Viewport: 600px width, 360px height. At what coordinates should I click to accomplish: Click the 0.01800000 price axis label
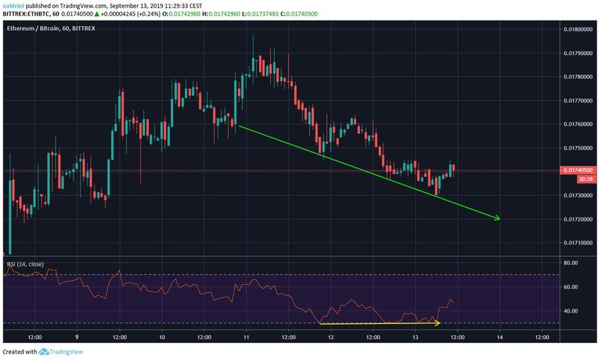578,29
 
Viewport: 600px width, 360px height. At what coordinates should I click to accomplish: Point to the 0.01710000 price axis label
578,244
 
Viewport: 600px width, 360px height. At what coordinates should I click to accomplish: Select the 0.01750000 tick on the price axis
578,148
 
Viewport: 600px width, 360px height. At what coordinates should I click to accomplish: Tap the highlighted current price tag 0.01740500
578,170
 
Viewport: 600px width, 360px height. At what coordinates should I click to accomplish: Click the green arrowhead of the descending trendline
498,218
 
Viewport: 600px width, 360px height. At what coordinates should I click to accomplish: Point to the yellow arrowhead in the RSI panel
438,323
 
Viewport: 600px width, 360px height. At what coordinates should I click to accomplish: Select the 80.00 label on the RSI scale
572,263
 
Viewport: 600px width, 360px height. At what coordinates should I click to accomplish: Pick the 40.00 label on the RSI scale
572,311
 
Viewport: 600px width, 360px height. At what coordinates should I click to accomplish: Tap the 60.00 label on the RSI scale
572,287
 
